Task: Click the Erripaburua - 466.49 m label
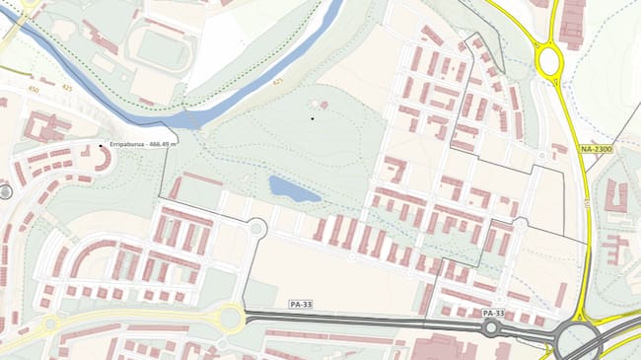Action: [x=144, y=145]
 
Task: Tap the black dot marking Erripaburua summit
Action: [x=101, y=147]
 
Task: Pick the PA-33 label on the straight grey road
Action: [x=301, y=305]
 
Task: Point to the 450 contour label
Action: [x=35, y=89]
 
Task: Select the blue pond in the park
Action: [x=293, y=188]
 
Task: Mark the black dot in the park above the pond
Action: [x=313, y=118]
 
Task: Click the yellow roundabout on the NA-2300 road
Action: [x=548, y=62]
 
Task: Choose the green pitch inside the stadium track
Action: [x=162, y=47]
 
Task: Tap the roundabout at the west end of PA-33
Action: [x=230, y=317]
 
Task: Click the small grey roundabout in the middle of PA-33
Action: [x=490, y=326]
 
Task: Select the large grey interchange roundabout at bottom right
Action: [x=579, y=340]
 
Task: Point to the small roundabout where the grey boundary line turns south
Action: [x=255, y=228]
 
